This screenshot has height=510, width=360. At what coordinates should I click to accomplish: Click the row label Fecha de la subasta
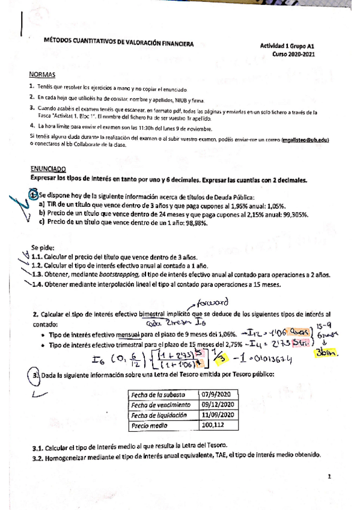click(x=159, y=395)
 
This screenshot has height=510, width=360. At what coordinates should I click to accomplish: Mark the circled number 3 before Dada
click(x=35, y=376)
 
